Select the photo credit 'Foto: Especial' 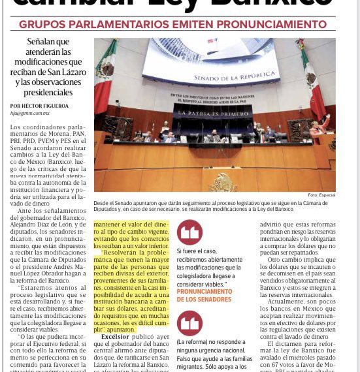(x=321, y=194)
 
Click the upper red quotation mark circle (x=190, y=232)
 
